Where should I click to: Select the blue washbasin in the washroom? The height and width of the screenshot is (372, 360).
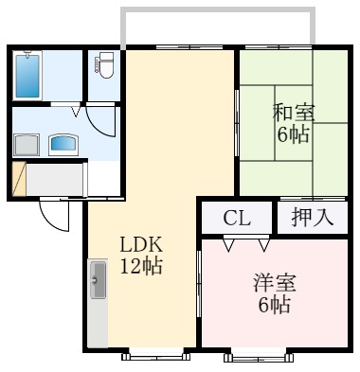(x=63, y=144)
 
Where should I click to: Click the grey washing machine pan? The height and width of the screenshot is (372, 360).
(x=26, y=145)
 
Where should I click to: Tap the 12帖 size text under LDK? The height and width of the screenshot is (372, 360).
(x=141, y=266)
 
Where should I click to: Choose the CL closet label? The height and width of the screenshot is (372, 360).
(x=237, y=218)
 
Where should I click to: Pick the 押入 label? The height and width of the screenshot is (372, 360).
(x=312, y=217)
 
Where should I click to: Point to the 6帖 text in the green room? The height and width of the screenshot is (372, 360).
(x=293, y=134)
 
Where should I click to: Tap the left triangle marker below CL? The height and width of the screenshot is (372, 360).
(x=228, y=245)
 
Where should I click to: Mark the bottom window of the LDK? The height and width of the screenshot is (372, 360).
(x=153, y=355)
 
